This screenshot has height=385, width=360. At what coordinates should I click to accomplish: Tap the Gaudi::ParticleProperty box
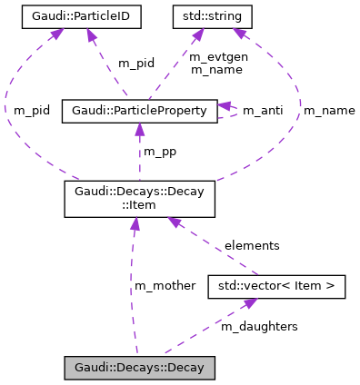138,111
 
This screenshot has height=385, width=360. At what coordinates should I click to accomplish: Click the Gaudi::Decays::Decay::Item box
138,199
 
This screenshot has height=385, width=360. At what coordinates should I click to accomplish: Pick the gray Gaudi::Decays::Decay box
139,368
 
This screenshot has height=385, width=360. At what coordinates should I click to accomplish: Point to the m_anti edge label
262,111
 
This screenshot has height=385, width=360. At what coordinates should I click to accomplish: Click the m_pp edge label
161,151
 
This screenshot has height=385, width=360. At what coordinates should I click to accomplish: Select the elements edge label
252,245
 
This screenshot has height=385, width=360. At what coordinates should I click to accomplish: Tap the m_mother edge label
165,285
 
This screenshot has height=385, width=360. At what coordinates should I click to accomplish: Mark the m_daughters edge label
259,326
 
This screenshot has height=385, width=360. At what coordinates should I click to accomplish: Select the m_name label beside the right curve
329,111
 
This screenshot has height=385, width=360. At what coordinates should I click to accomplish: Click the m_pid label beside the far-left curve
32,110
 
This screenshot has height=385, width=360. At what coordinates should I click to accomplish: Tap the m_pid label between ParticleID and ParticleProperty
136,64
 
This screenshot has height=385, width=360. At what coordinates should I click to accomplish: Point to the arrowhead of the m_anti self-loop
224,106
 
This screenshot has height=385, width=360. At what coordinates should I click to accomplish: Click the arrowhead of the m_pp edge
139,129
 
